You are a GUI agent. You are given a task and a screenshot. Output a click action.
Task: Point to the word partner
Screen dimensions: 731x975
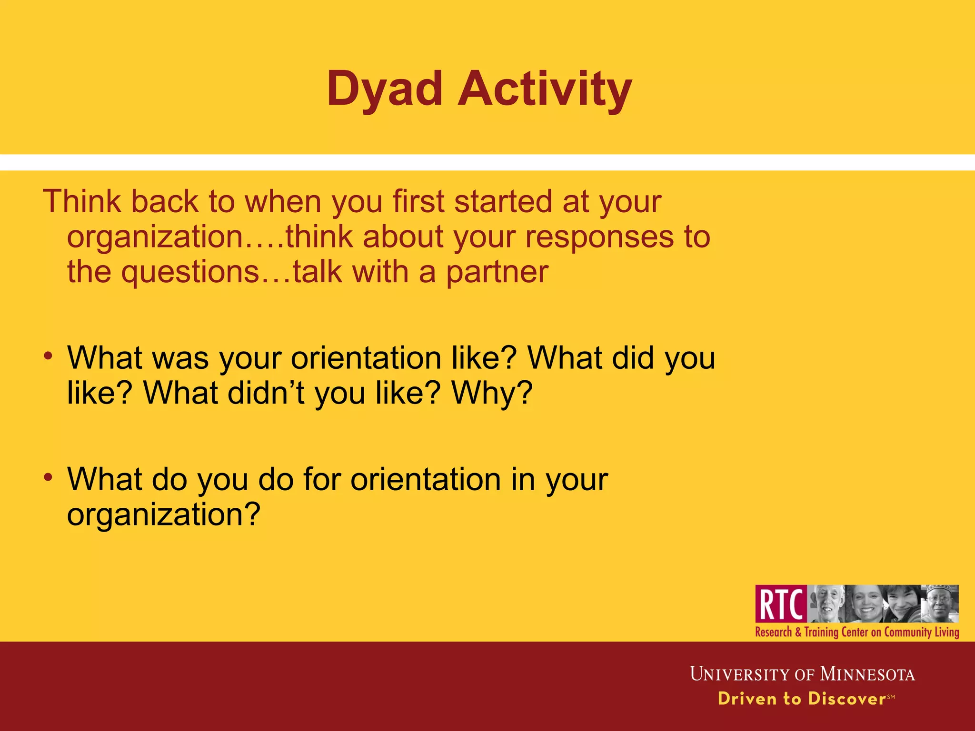click(x=497, y=272)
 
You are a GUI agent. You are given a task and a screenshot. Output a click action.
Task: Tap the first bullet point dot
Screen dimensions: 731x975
click(x=48, y=356)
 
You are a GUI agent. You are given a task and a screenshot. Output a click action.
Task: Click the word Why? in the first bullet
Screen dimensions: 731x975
click(x=492, y=393)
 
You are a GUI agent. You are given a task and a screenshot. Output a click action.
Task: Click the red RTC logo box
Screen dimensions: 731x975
click(x=781, y=604)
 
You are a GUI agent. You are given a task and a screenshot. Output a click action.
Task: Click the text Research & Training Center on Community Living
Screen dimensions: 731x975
click(x=857, y=632)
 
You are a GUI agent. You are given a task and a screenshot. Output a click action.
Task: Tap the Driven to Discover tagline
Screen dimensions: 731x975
click(x=802, y=699)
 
